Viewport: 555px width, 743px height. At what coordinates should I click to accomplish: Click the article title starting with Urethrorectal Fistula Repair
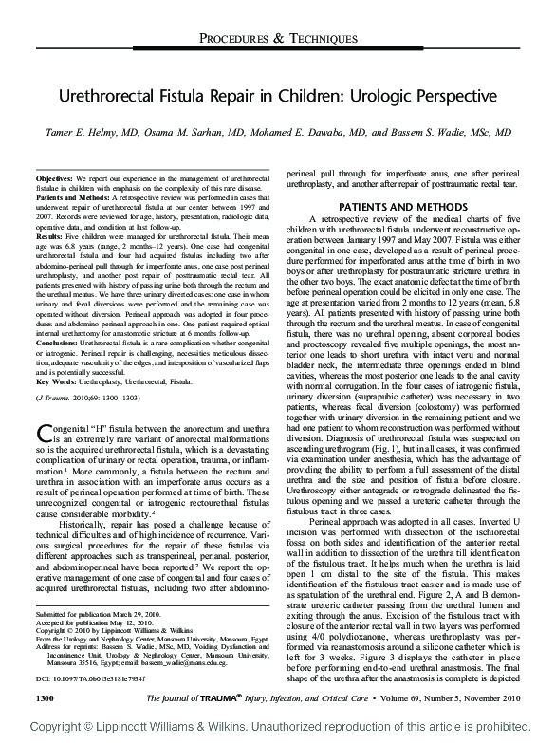[x=278, y=98]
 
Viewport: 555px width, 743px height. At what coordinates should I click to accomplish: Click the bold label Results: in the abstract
[x=48, y=231]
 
